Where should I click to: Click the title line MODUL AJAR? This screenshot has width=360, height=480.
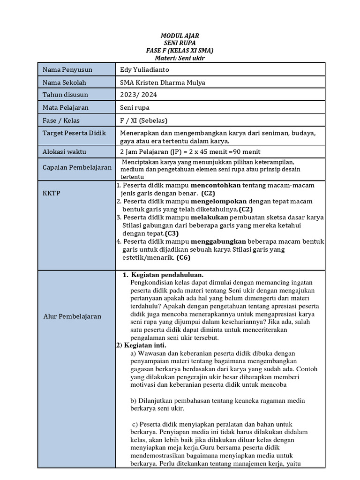tap(180, 36)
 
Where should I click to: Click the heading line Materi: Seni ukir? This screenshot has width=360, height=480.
tap(180, 58)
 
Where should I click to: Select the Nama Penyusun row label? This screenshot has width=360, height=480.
tap(67, 70)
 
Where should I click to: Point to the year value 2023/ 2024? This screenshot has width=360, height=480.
tap(139, 95)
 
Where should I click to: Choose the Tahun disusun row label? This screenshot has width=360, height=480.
tap(65, 95)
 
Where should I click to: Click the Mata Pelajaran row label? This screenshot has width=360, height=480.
tap(66, 108)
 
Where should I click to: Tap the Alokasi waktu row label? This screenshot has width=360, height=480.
tap(65, 152)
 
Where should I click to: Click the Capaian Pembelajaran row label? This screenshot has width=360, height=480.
tap(77, 167)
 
